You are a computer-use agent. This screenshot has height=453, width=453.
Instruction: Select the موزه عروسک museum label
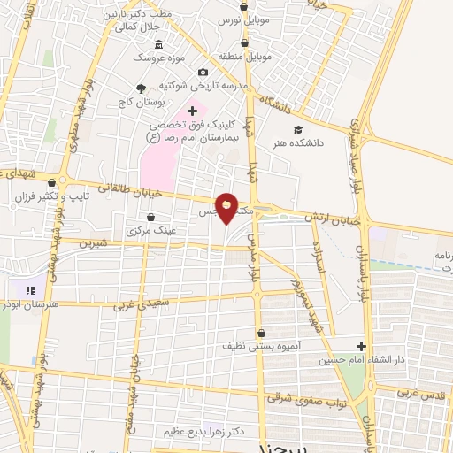157,58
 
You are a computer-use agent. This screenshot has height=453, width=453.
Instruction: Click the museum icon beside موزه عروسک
158,44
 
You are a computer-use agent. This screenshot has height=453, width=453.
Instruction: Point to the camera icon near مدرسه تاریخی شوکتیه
203,72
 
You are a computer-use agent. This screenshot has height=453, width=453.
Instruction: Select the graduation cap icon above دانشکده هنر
310,130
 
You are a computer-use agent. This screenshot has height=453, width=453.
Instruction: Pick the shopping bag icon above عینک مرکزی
150,217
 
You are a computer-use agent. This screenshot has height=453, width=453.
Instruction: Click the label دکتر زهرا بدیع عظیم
203,431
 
